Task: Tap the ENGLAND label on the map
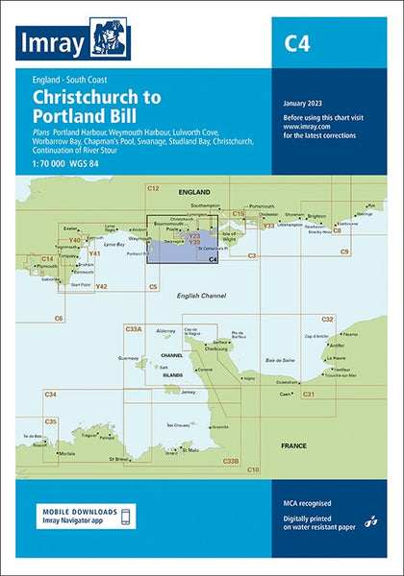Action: (x=195, y=193)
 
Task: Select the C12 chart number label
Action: (x=153, y=189)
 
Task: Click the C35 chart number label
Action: (x=51, y=421)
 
